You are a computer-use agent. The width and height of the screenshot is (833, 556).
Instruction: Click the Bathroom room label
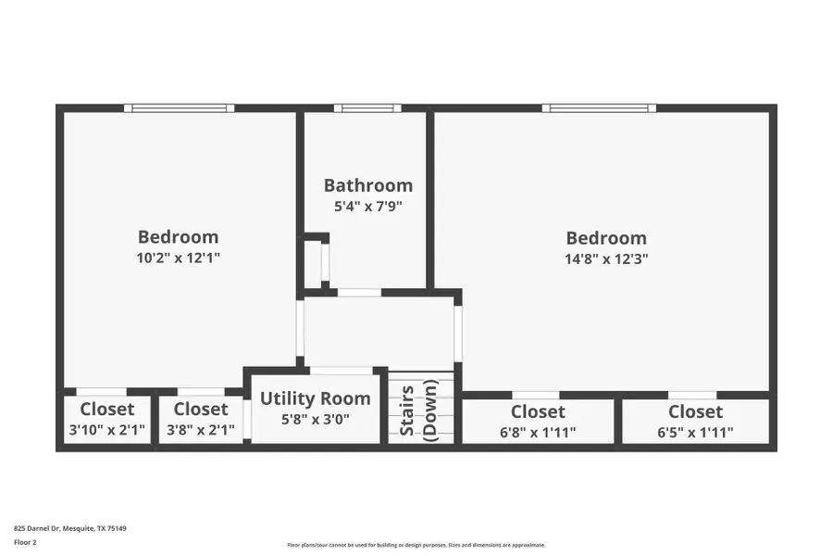click(367, 185)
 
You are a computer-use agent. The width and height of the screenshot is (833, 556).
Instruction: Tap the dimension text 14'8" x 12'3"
click(606, 259)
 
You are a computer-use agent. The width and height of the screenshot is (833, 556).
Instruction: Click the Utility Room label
click(315, 398)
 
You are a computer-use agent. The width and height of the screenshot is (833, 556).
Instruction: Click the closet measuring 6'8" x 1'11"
click(538, 422)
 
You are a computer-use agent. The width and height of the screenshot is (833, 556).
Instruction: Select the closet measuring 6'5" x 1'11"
click(695, 422)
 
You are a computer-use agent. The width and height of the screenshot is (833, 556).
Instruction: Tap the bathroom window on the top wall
click(367, 108)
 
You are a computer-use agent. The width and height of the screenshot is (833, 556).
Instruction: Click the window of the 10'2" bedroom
click(180, 108)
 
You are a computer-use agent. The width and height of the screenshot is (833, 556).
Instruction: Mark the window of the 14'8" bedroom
click(599, 108)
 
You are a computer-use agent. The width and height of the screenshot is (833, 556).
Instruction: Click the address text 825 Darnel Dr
click(70, 528)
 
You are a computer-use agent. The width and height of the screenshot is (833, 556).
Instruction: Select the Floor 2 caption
click(25, 542)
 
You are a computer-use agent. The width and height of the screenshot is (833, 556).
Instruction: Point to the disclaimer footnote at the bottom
click(416, 545)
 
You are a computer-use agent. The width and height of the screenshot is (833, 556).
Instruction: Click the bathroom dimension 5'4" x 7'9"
click(367, 207)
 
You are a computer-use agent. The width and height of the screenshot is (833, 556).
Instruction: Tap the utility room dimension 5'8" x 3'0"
click(315, 420)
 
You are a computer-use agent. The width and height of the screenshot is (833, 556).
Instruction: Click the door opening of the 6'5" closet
click(692, 395)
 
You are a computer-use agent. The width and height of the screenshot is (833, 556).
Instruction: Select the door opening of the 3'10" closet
click(101, 391)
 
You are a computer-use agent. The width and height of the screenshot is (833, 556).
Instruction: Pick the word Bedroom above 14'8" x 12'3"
click(606, 238)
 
